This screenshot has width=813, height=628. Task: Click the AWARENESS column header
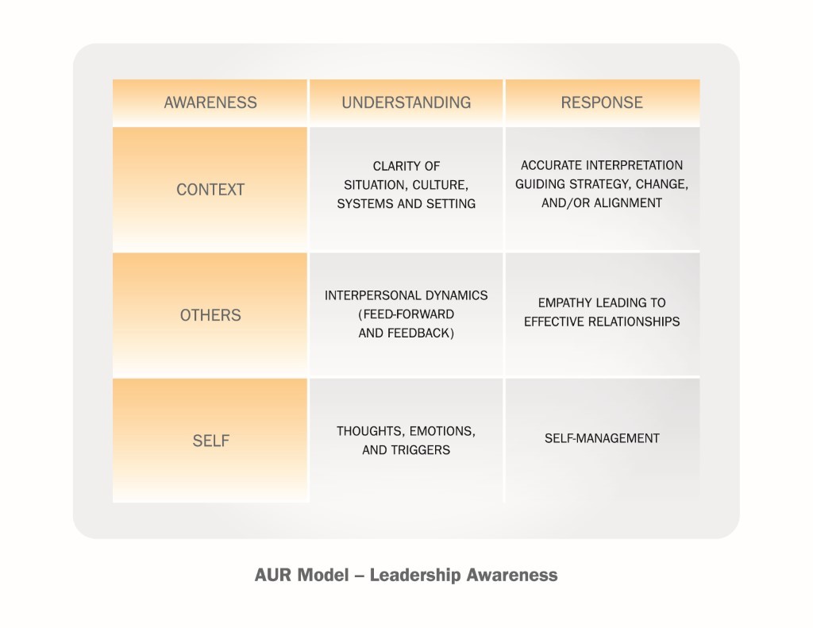210,102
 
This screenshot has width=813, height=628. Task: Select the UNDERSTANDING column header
406,102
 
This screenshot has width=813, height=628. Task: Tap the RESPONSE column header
602,102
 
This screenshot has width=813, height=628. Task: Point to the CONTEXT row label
210,190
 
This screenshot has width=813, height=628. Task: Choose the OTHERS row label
210,315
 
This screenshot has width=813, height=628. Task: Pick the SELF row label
211,441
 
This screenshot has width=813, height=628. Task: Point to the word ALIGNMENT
628,202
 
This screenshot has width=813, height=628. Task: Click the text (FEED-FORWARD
406,314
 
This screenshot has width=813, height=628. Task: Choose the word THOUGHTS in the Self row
371,431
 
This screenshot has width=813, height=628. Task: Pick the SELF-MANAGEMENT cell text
602,439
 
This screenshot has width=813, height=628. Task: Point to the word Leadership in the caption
414,576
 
